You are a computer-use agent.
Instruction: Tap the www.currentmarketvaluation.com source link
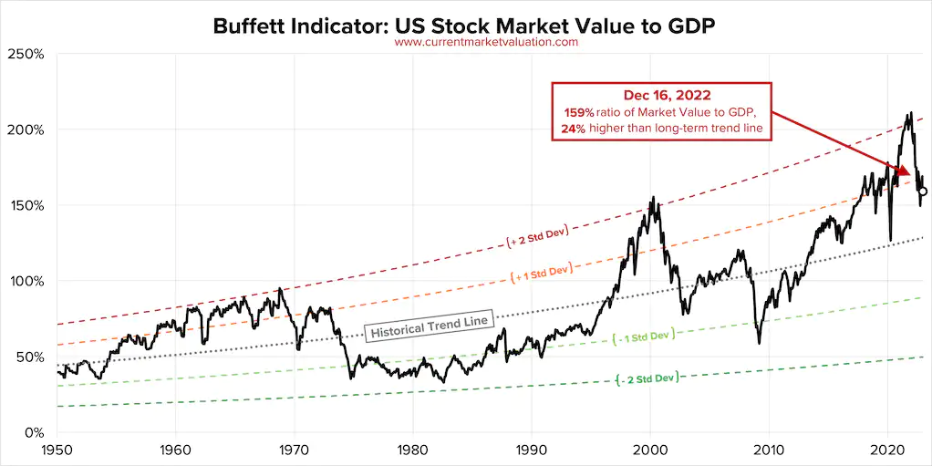(x=486, y=42)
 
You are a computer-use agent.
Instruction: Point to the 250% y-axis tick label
(x=26, y=54)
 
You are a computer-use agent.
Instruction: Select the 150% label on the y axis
(x=26, y=206)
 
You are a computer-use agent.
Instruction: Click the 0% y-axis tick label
(x=34, y=432)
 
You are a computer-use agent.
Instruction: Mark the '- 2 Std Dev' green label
(x=647, y=378)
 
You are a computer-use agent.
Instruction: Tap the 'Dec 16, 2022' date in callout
(x=662, y=95)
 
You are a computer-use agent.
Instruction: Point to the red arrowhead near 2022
(x=903, y=171)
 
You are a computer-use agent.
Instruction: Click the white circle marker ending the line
(x=923, y=192)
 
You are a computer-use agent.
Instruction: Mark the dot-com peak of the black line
(x=653, y=197)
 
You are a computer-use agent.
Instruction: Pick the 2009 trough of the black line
(x=759, y=343)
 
